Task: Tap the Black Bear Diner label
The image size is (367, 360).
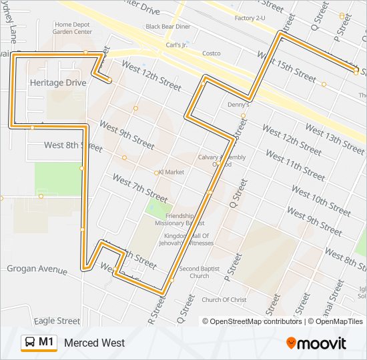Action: [x=167, y=27]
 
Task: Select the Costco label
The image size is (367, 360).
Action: [x=211, y=53]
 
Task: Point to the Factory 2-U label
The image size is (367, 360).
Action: [x=251, y=18]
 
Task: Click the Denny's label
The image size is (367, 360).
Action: [x=238, y=105]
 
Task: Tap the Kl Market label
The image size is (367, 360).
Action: [x=171, y=172]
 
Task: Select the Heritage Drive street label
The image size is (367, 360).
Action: [x=58, y=83]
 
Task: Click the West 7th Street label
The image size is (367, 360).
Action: [x=139, y=189]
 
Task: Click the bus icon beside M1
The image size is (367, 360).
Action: [x=30, y=343]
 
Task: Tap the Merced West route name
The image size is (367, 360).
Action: [x=94, y=343]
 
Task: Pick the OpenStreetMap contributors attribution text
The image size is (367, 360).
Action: [x=252, y=321]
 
